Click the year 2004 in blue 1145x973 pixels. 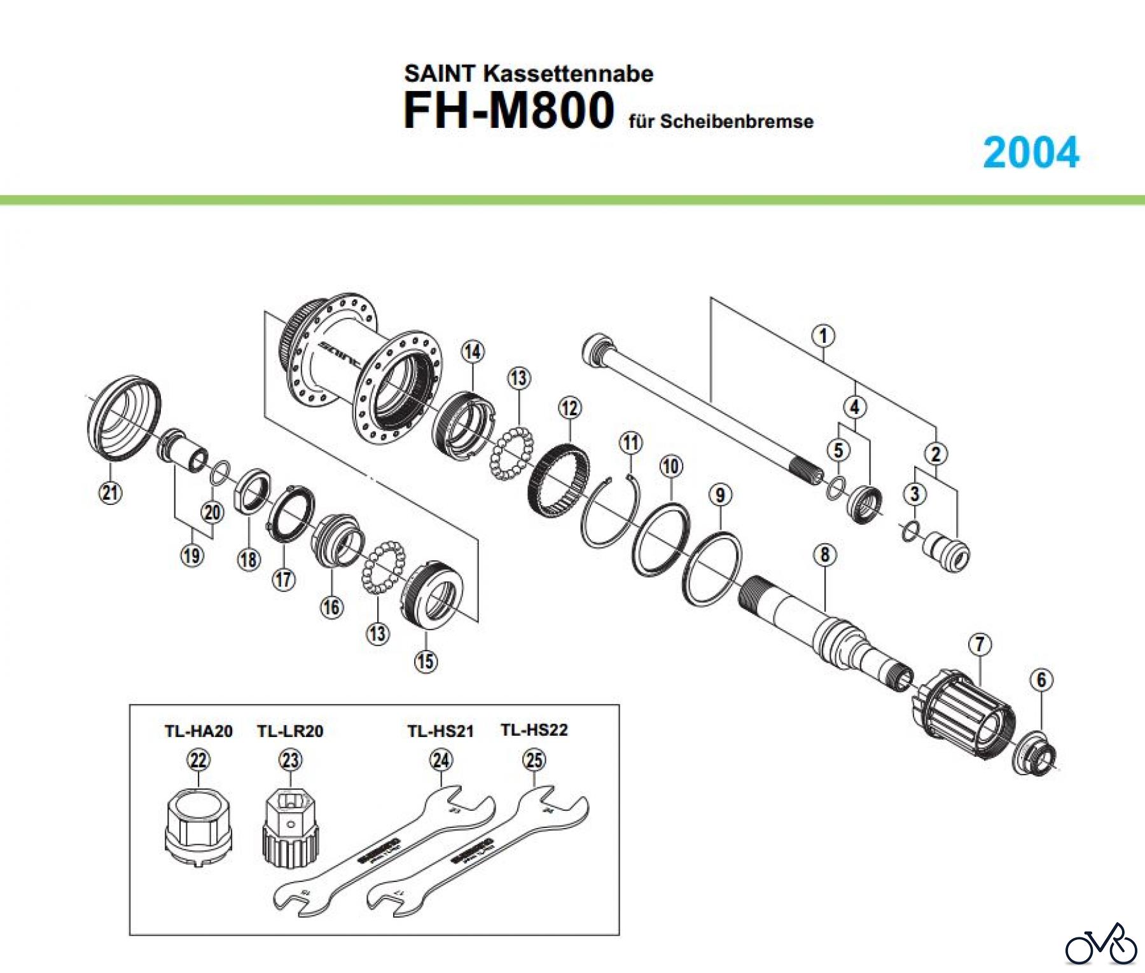1030,153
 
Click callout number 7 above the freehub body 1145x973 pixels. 980,644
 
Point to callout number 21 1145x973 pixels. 111,492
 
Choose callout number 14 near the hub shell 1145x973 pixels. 473,351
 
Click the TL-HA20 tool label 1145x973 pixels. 198,731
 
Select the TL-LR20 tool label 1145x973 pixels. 290,731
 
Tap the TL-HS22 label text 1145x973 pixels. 534,730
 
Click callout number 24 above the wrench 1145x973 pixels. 441,760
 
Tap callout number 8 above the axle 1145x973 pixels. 824,555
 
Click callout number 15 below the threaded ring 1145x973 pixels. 426,661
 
